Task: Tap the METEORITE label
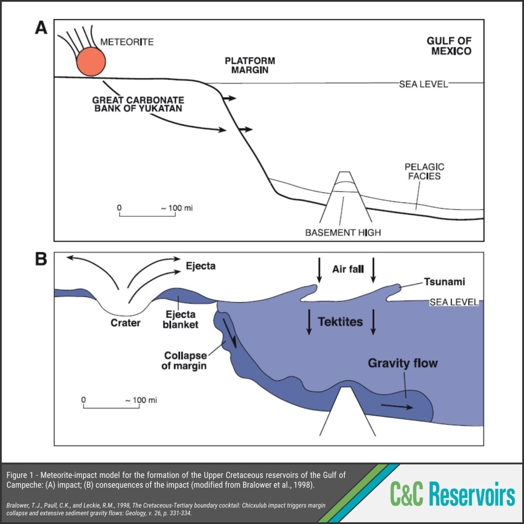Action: [127, 42]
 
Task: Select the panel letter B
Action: [41, 259]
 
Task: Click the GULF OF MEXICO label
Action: [449, 46]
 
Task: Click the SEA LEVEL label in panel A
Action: [424, 84]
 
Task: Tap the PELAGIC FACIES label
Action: [424, 172]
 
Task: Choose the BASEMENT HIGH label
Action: [343, 232]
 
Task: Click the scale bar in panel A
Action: [147, 214]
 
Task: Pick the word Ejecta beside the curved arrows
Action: [201, 266]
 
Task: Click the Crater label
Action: [125, 323]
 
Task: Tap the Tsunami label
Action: [445, 282]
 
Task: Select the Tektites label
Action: [341, 322]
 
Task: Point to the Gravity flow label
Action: [403, 363]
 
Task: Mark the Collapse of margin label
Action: [185, 361]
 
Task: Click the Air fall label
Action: [348, 269]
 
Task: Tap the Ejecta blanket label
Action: [180, 319]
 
